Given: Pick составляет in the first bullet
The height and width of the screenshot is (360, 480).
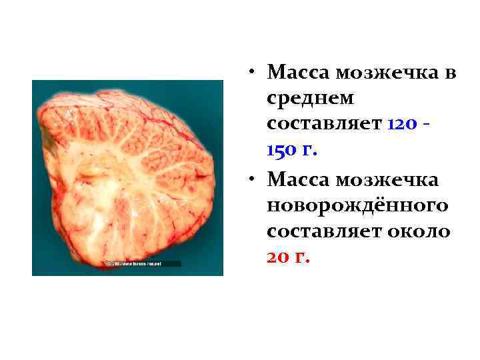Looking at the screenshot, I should point(323,125).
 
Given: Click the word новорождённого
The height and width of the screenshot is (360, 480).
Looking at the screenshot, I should point(357,207).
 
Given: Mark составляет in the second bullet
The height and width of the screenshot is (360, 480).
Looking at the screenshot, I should point(323,233).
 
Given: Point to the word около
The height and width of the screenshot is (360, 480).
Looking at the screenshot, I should point(419,233).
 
